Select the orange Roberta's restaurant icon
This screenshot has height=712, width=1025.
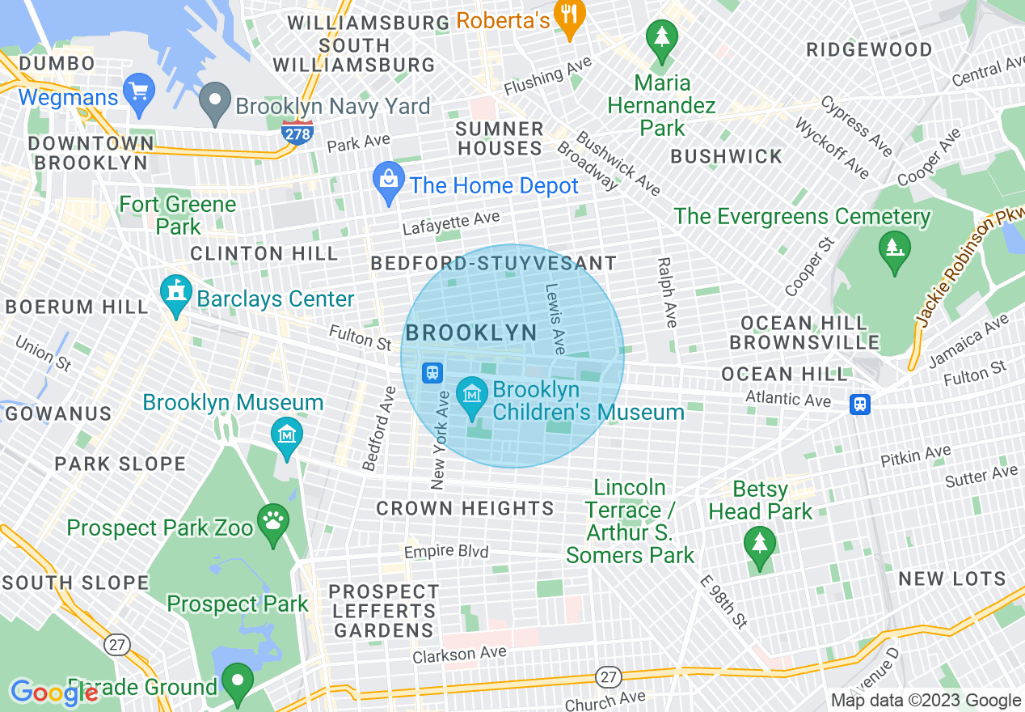(571, 19)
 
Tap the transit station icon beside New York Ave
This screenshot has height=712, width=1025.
(433, 372)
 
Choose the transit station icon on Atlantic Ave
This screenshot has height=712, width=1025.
(860, 404)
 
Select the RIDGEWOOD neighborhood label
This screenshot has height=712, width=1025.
(869, 50)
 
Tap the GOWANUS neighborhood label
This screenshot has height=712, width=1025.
(58, 414)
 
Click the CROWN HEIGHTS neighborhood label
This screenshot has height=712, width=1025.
(465, 509)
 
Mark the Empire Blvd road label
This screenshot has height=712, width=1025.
(446, 552)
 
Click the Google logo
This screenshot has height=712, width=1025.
(54, 693)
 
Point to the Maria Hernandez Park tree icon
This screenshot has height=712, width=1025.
(662, 40)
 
